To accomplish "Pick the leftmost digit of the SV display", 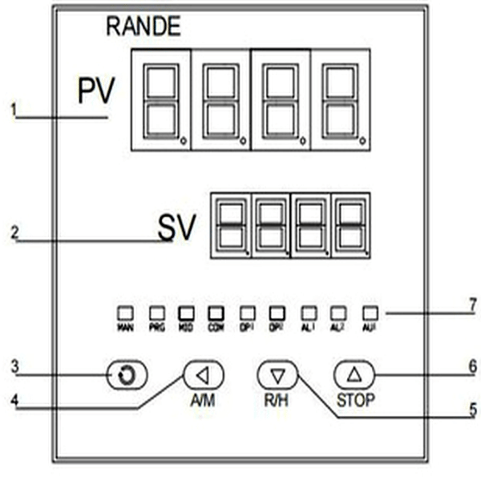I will (x=229, y=225).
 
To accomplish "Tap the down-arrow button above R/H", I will (x=277, y=374).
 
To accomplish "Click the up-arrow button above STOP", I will (x=354, y=374).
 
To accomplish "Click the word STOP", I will (x=354, y=400).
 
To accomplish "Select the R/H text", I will (x=278, y=400).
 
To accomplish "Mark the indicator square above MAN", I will (x=126, y=311).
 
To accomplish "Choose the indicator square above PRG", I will (x=156, y=311).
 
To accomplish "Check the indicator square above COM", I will (x=215, y=311).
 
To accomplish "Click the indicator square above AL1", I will (x=308, y=311).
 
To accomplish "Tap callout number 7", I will (x=472, y=305).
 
